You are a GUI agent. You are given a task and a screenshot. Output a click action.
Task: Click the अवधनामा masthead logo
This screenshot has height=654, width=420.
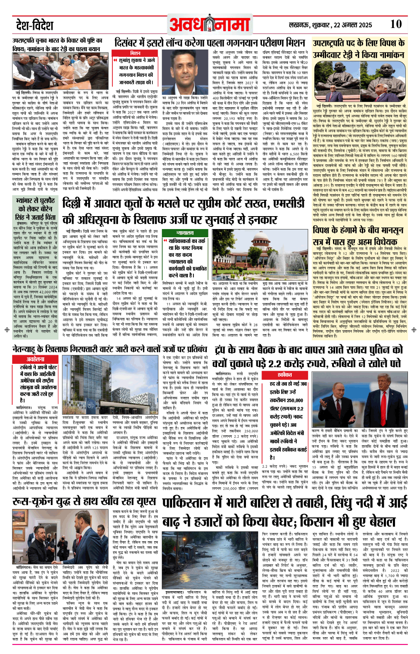pyautogui.click(x=209, y=25)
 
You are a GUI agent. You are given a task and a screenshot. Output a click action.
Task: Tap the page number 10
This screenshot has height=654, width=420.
pyautogui.click(x=395, y=25)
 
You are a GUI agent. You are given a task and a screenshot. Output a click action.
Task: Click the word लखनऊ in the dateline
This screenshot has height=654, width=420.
pyautogui.click(x=300, y=25)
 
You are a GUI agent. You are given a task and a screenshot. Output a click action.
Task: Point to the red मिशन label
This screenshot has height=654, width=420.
pyautogui.click(x=135, y=53)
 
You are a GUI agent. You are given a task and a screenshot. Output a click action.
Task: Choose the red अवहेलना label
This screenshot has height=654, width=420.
pyautogui.click(x=35, y=359)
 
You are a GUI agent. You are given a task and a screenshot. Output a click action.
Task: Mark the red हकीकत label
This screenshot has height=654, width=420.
pyautogui.click(x=285, y=375)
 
